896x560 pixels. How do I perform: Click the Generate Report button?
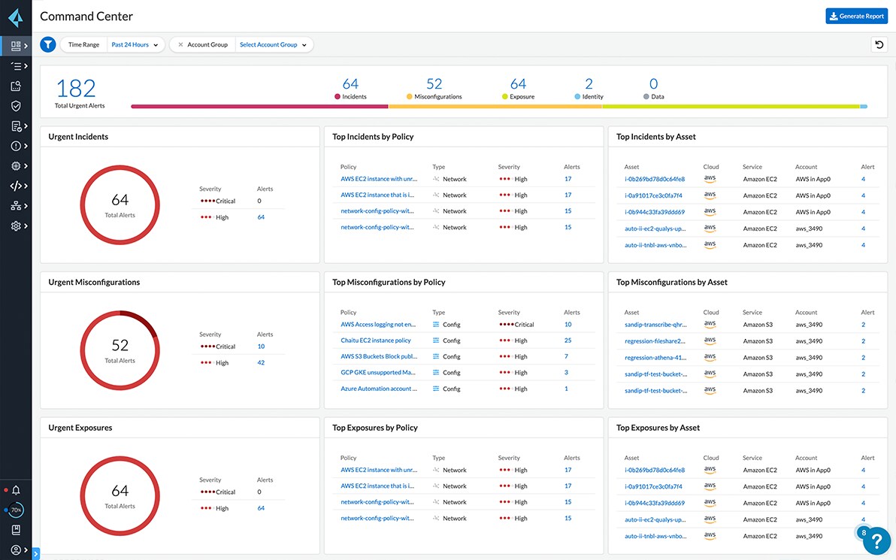856,16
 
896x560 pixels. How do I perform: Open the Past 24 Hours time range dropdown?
135,45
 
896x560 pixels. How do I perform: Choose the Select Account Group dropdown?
273,45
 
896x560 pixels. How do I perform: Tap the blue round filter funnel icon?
48,45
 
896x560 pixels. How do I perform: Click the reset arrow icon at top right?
879,45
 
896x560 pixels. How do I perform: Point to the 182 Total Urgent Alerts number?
76,89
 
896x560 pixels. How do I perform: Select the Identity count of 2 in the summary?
589,84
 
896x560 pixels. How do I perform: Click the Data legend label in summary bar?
657,97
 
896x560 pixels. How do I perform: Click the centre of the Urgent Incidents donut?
120,204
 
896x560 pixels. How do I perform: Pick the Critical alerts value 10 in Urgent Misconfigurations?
261,347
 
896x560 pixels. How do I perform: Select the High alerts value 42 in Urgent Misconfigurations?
261,363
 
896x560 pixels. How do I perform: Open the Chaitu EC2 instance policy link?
376,341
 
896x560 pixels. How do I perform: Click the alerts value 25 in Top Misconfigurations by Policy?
568,341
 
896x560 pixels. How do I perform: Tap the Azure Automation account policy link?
378,389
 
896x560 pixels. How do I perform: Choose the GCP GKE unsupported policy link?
378,373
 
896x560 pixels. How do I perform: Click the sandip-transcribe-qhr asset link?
655,325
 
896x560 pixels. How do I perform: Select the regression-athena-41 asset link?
655,358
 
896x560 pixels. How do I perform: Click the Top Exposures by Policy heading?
375,428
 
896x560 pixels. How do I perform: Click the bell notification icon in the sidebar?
16,490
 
